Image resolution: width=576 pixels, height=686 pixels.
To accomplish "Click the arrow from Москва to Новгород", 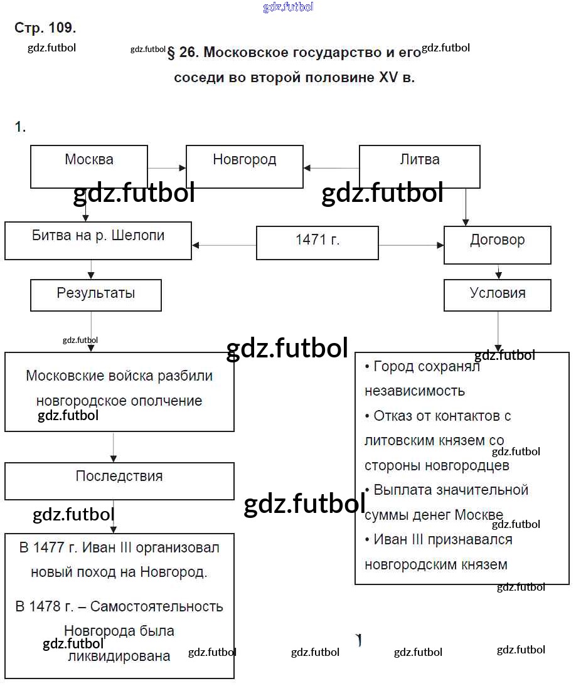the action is point(167,167).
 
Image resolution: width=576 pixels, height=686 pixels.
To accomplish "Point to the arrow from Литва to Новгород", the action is point(331,167).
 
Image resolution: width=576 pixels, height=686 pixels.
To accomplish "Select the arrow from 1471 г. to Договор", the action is point(411,245).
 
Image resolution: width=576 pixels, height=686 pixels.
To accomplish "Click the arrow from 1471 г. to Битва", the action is point(224,245).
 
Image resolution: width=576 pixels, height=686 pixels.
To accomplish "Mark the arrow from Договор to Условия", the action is point(498,272).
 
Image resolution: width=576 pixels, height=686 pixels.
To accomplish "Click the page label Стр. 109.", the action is point(45,28).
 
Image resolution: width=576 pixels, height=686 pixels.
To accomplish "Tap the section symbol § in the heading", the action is point(171,53).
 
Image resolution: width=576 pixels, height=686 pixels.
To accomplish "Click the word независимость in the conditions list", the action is point(415,391).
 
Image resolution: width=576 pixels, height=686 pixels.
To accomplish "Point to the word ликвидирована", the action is point(119,656).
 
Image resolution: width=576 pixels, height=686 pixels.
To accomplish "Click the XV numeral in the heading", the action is point(388,77).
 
